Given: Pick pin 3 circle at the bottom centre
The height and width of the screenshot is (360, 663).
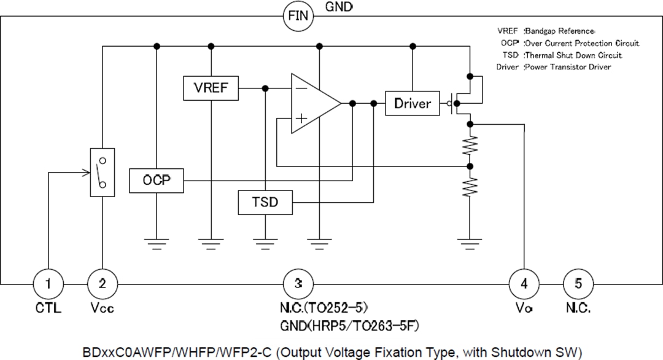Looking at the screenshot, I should tap(298, 283).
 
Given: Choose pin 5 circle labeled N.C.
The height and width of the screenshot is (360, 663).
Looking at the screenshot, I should tap(578, 283).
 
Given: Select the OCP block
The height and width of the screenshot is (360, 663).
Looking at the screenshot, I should tap(157, 181).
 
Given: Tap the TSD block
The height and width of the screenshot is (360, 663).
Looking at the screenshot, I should tap(265, 202).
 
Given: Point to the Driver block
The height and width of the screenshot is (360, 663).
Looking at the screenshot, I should tap(413, 103).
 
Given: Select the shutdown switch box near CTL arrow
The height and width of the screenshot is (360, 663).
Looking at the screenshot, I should tap(103, 172).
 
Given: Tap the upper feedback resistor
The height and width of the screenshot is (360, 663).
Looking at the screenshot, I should tap(470, 146).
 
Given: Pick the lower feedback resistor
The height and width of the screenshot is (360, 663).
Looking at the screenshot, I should tap(470, 186).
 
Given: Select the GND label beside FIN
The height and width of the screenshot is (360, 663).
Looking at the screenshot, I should tap(339, 7).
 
